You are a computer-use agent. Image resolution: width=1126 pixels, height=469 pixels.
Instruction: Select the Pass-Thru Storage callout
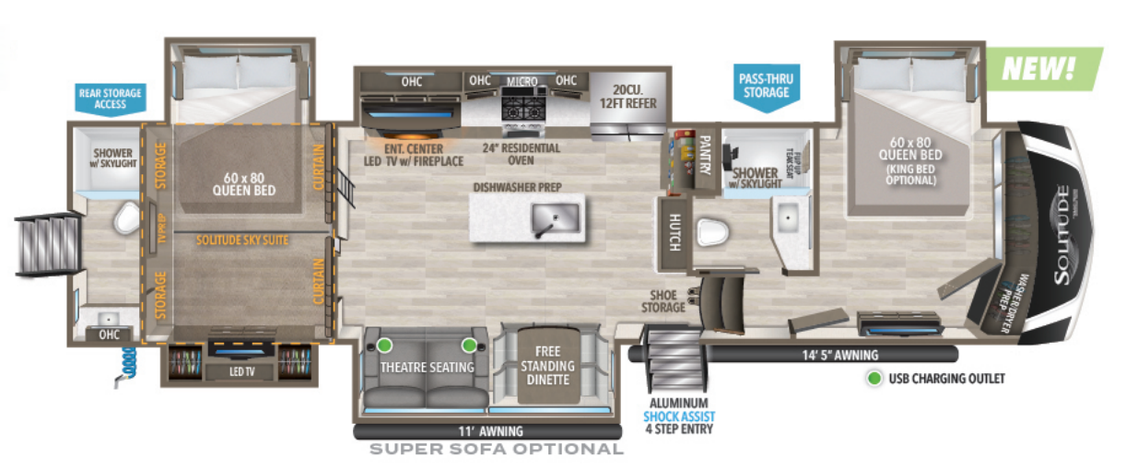tap(765, 86)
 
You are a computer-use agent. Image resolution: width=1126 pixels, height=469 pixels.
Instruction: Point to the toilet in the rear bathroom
tap(124, 219)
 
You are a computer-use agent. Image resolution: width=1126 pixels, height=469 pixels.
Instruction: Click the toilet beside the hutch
tap(712, 232)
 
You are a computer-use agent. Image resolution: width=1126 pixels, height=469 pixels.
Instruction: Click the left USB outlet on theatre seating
tap(384, 346)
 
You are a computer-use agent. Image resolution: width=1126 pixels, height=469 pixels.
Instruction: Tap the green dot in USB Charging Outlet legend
tap(872, 378)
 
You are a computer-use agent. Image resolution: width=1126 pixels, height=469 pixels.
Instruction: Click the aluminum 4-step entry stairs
tap(674, 363)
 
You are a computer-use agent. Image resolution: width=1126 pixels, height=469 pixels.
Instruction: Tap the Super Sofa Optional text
tap(496, 450)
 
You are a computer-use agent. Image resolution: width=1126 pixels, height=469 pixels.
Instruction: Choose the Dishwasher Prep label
tap(518, 187)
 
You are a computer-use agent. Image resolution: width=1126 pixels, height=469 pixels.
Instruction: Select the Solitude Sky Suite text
tap(242, 240)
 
